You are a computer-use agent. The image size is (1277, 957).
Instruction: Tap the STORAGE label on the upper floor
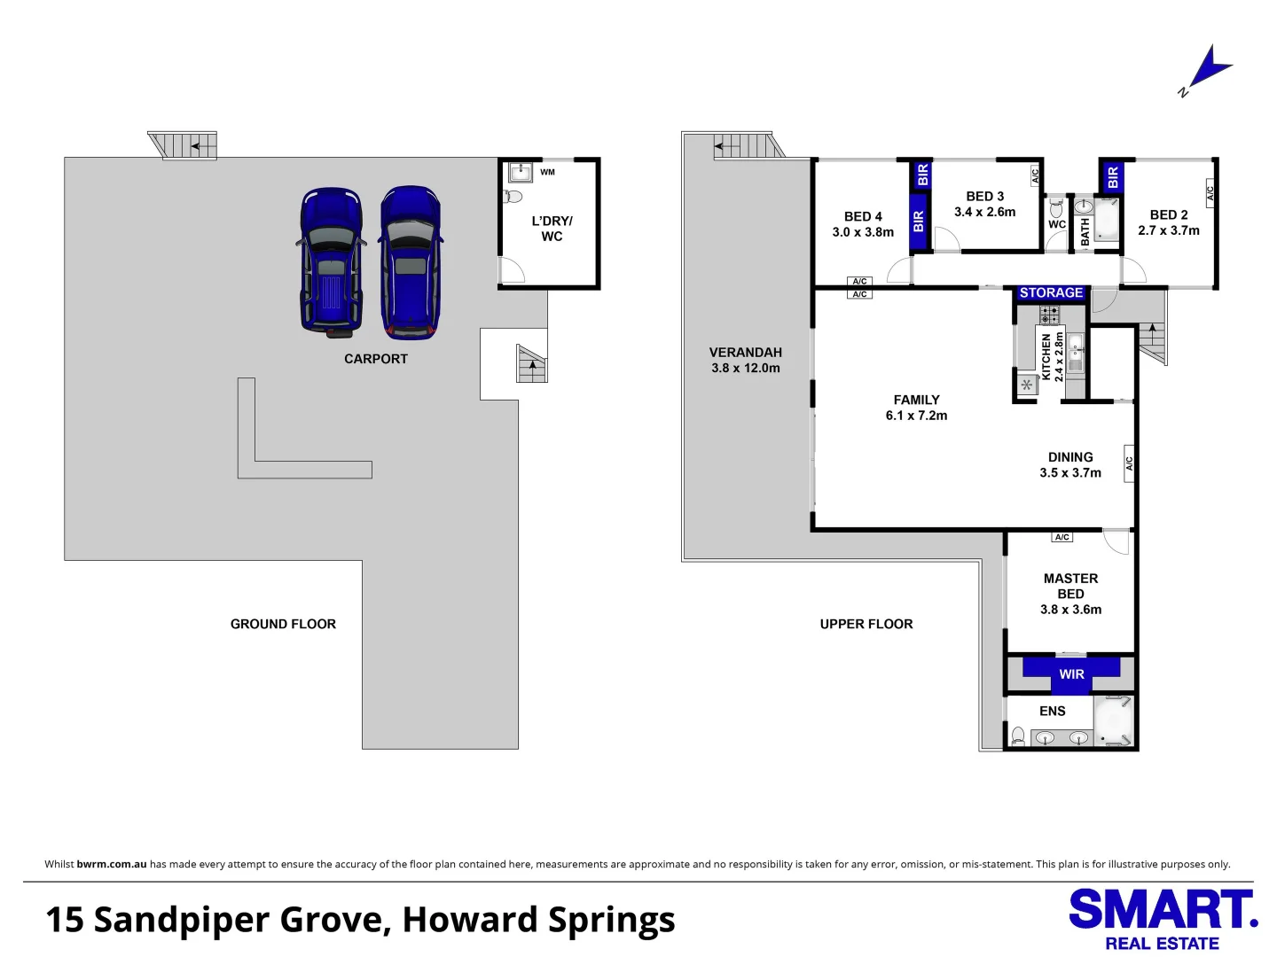coord(1051,292)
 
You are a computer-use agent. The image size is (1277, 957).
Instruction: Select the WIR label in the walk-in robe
coord(1071,674)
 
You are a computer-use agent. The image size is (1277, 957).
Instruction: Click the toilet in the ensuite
coord(1017,735)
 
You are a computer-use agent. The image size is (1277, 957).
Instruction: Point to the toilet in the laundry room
coord(512,197)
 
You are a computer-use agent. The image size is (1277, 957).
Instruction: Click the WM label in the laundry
coord(547,172)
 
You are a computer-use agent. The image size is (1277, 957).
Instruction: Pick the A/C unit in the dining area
coord(1129,463)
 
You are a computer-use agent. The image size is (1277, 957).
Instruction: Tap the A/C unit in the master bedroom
coord(1062,537)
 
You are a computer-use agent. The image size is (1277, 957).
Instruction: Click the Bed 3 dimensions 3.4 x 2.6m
coord(984,212)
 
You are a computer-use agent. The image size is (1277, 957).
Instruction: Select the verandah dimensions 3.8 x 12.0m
coord(745,368)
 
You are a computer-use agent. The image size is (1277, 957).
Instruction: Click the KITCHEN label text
coord(1046,357)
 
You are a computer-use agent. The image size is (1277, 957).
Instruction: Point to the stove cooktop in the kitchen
coord(1049,315)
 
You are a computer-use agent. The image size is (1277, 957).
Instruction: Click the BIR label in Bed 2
coord(1112,176)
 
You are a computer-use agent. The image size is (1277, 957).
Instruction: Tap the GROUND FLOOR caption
coord(283,624)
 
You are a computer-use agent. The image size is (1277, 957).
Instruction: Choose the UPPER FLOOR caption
coord(866,624)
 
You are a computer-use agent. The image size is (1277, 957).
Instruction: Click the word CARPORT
coord(376,359)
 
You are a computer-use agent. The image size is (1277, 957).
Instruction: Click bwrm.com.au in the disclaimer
coord(112,864)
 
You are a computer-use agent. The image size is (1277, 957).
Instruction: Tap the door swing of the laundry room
coord(512,269)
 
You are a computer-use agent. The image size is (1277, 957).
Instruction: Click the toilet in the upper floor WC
coord(1056,208)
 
